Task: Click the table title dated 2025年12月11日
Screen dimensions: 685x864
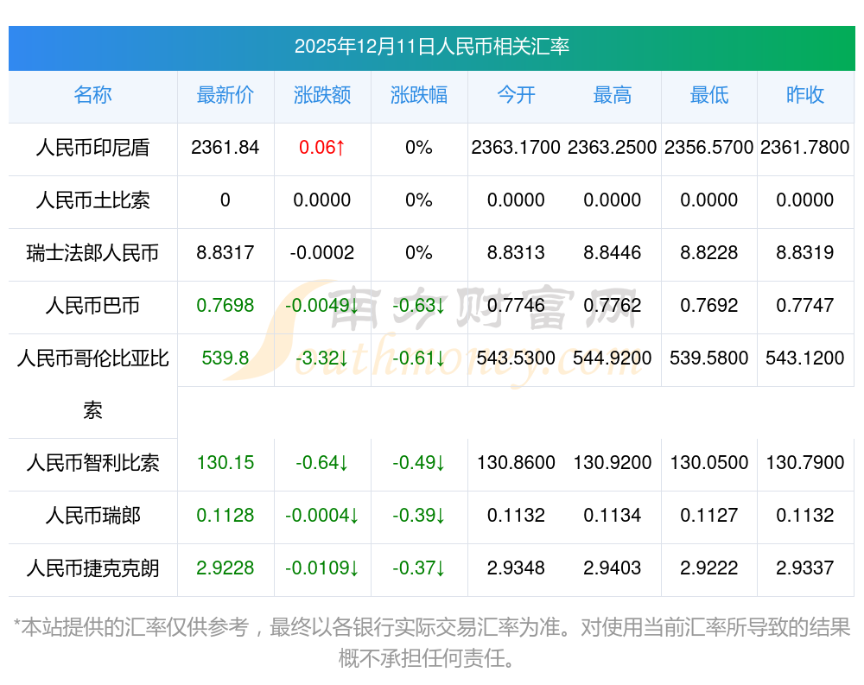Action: pyautogui.click(x=431, y=47)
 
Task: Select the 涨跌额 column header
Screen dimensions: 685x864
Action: pyautogui.click(x=322, y=95)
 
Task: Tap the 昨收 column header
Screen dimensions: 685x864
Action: pyautogui.click(x=805, y=95)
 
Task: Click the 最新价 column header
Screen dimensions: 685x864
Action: pyautogui.click(x=226, y=95)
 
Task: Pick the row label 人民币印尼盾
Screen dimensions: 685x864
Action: pyautogui.click(x=92, y=148)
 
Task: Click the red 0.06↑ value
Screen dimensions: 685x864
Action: pyautogui.click(x=322, y=148)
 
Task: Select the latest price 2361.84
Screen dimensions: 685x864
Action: pyautogui.click(x=226, y=148)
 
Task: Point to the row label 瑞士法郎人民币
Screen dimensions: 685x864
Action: pyautogui.click(x=92, y=253)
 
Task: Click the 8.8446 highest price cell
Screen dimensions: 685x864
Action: pyautogui.click(x=613, y=253)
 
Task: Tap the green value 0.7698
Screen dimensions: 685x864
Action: pyautogui.click(x=226, y=306)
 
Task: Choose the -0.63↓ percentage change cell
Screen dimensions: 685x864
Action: pyautogui.click(x=419, y=306)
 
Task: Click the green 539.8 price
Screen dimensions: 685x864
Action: pyautogui.click(x=226, y=358)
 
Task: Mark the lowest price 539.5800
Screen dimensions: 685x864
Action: pyautogui.click(x=709, y=358)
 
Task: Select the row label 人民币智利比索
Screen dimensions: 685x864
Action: pyautogui.click(x=92, y=463)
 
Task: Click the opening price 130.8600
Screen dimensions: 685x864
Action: pyautogui.click(x=516, y=463)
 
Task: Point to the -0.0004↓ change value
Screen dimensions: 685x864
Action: pyautogui.click(x=322, y=516)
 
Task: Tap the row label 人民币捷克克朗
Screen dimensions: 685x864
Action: pyautogui.click(x=92, y=568)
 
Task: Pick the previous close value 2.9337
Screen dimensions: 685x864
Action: pyautogui.click(x=805, y=568)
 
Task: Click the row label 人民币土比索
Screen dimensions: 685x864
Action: pyautogui.click(x=92, y=200)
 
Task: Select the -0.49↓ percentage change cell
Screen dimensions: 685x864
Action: pyautogui.click(x=419, y=463)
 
